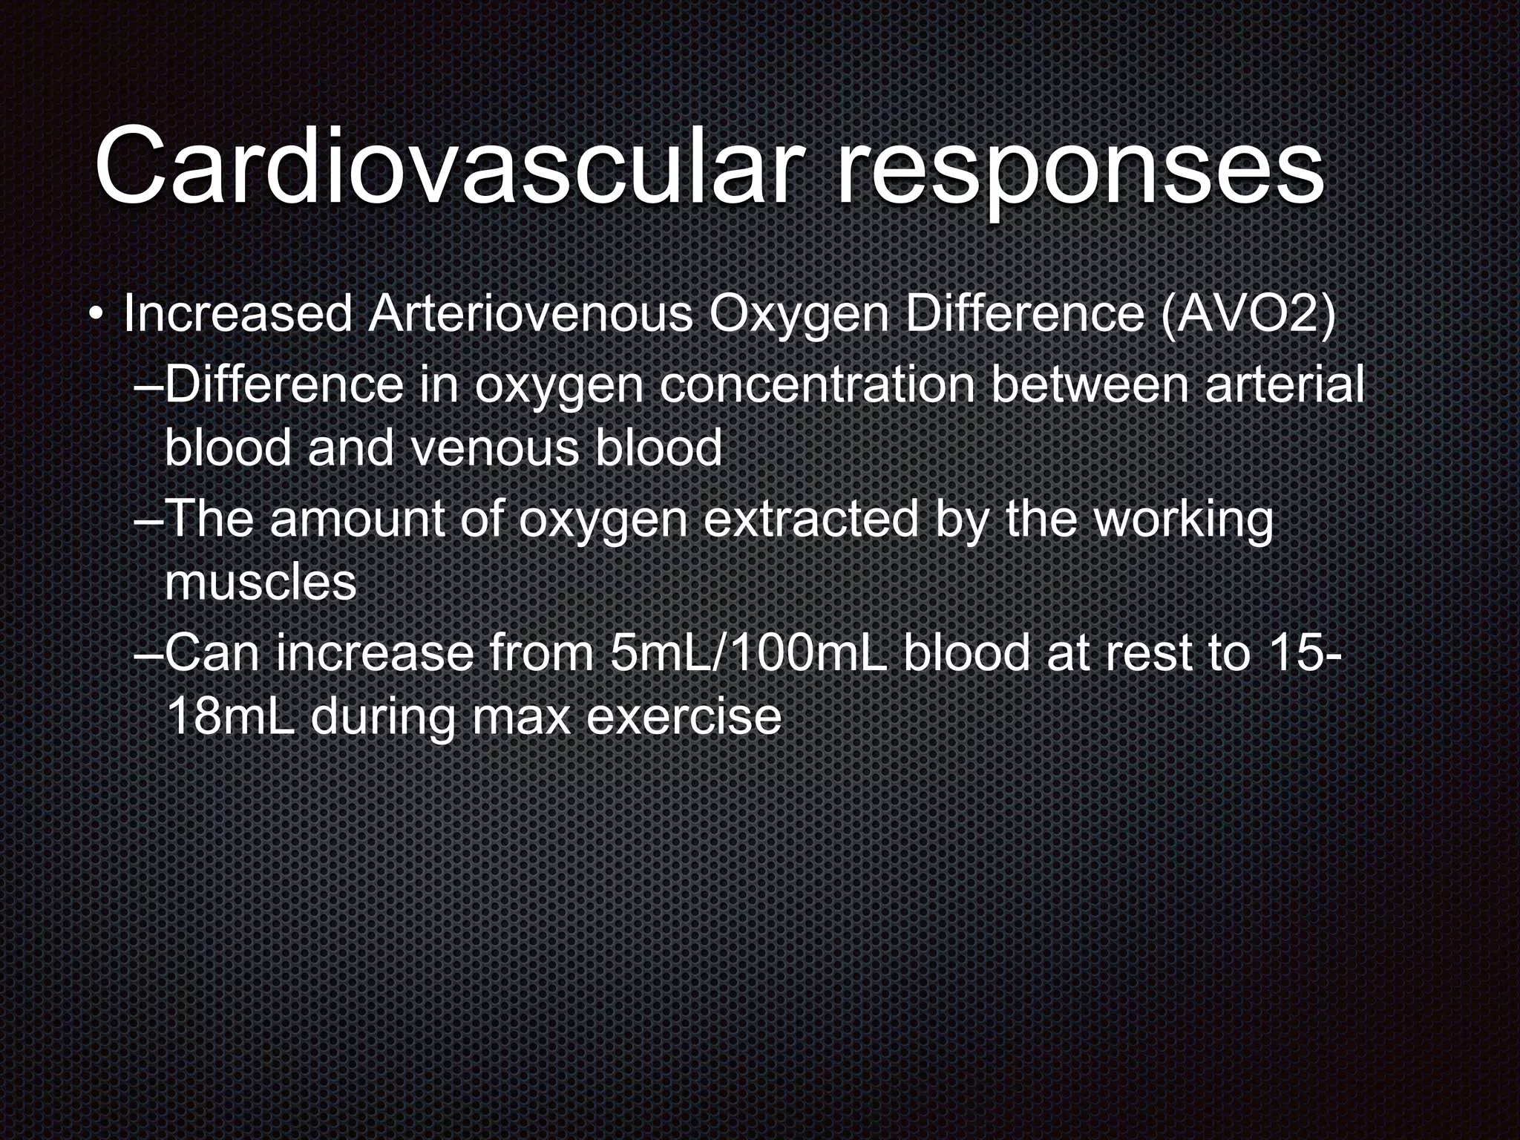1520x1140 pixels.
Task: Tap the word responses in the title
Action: click(x=1080, y=171)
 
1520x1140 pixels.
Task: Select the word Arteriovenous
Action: click(x=530, y=315)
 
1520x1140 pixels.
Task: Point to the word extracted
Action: click(x=811, y=519)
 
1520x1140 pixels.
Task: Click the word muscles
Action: click(x=261, y=583)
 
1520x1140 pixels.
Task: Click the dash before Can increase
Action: click(x=149, y=654)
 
